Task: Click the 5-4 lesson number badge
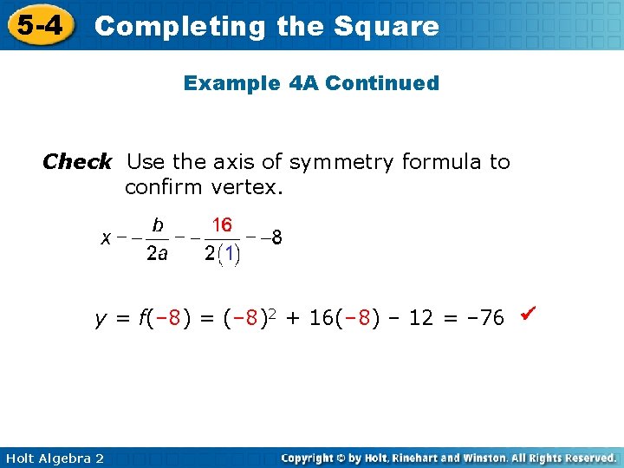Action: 38,25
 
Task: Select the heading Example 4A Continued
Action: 311,83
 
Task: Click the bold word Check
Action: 77,162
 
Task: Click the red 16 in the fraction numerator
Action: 222,225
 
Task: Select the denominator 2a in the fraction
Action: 157,254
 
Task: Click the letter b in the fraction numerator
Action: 158,225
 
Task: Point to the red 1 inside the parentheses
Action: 230,254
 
